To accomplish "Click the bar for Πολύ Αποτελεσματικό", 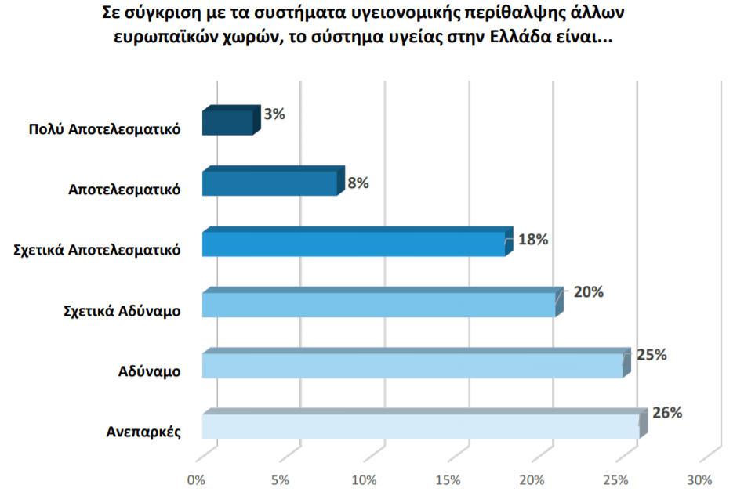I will coord(227,122).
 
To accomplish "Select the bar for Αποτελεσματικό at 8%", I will coord(270,183).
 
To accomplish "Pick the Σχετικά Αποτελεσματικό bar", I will coord(354,244).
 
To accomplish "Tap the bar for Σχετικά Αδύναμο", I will coord(379,304).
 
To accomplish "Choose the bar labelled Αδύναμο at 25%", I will coord(412,365).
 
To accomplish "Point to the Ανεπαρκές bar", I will coord(421,425).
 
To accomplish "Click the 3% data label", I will coord(274,114).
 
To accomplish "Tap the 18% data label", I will coord(533,240).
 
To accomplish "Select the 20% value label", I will coord(588,292).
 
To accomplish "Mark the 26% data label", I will coord(667,413).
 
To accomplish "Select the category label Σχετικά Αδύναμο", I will coord(122,311).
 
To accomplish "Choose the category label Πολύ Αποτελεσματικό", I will coord(104,129).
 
